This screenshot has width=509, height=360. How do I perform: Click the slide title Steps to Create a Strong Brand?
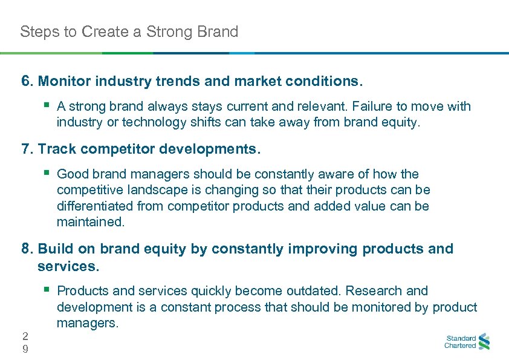129,31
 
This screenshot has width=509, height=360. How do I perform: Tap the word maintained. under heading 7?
91,221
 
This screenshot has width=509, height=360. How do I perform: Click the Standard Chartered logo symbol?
484,342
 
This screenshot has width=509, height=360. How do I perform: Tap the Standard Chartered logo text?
460,342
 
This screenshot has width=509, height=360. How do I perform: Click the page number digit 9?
24,349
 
